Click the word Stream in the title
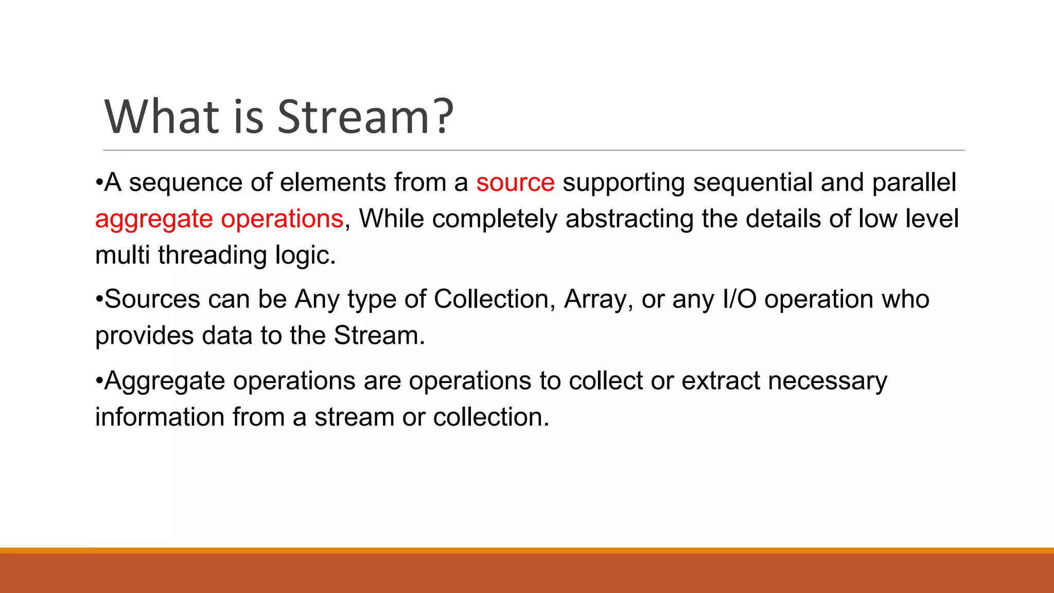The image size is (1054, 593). point(354,117)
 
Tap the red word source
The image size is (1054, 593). point(515,183)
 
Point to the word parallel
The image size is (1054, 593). point(914,183)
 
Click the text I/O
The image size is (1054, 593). point(740,300)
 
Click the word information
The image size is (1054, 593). point(160,417)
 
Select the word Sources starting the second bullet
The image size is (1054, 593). point(152,300)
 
